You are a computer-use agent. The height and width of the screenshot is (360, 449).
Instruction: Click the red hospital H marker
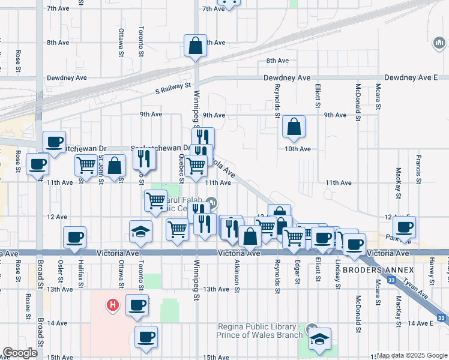(x=112, y=305)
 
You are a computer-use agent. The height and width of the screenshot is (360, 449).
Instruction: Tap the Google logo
(x=20, y=353)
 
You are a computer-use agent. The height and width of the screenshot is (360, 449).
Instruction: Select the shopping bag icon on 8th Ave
(x=196, y=46)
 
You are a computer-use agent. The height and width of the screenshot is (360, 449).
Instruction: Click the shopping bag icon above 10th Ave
(x=294, y=127)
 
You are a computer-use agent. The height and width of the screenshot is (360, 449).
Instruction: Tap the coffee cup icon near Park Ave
(x=405, y=227)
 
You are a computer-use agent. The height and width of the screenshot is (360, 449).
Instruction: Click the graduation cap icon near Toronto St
(x=140, y=232)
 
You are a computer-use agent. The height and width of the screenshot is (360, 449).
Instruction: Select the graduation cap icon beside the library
(x=321, y=338)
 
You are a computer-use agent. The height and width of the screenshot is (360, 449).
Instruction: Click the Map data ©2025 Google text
(x=412, y=356)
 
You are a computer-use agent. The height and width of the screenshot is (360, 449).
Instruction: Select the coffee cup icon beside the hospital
(x=136, y=305)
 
